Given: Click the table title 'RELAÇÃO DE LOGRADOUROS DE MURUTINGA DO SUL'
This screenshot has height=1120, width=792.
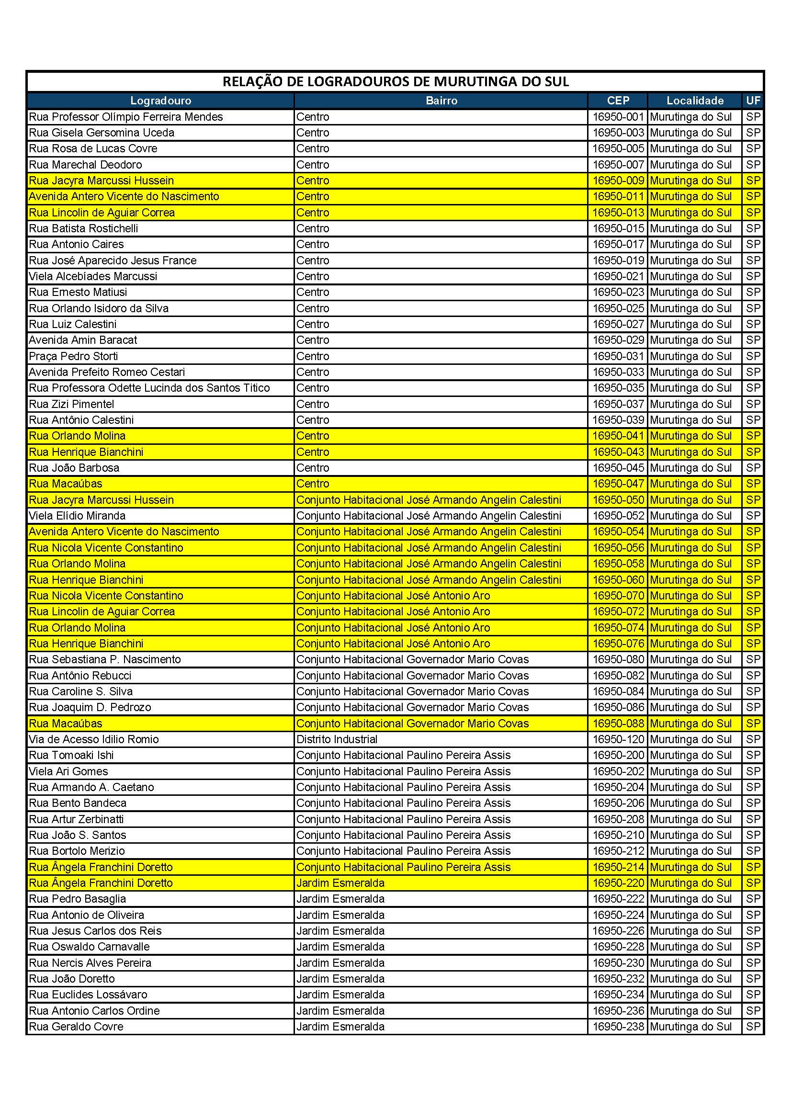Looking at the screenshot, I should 396,81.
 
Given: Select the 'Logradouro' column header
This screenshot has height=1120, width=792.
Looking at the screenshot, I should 160,101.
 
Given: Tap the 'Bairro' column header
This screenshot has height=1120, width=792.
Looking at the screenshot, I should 441,101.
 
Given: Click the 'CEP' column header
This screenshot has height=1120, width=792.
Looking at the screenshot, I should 618,101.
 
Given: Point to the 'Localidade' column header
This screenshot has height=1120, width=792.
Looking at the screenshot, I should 695,101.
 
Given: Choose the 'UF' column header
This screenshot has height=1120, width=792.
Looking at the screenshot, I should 753,101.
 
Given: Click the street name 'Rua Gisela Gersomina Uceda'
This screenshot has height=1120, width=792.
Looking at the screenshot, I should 102,133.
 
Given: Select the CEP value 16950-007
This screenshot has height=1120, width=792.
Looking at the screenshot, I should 618,165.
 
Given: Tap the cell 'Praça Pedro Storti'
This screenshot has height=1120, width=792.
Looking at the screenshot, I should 73,356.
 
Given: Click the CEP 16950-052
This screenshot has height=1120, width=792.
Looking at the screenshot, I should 618,516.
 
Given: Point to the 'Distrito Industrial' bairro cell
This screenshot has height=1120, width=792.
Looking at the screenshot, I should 337,739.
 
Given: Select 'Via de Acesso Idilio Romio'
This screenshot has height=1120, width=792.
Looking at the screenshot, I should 94,739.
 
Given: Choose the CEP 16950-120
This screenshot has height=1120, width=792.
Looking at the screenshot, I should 618,739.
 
